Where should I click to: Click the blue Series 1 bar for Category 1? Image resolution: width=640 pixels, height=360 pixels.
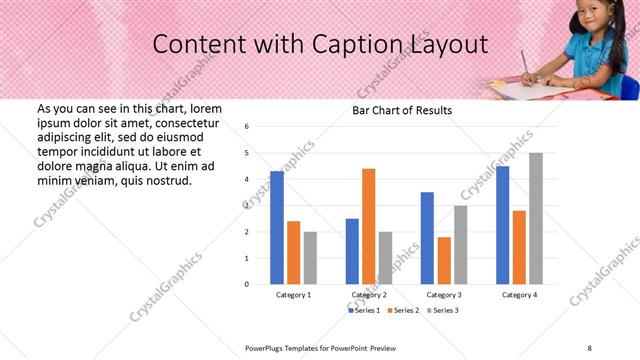[277, 228]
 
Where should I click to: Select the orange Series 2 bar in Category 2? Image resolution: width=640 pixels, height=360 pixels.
[368, 226]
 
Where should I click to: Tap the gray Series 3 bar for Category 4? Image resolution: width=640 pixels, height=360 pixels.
[536, 218]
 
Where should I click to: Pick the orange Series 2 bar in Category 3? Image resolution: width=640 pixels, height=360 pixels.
[444, 260]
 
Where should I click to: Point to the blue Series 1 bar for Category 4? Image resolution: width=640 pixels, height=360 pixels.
[502, 225]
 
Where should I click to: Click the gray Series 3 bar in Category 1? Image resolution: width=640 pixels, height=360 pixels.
[310, 258]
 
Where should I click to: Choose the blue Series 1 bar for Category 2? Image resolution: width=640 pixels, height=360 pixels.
[352, 251]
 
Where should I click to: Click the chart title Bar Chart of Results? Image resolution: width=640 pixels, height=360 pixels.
[402, 110]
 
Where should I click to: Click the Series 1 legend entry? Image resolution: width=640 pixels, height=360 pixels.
[364, 311]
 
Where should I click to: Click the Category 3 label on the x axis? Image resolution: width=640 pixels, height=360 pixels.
[443, 296]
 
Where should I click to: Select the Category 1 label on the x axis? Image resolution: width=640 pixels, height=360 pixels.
[293, 296]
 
